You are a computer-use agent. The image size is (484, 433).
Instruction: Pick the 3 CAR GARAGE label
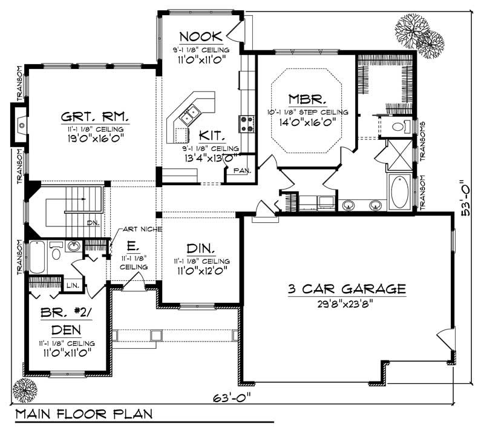[347, 289]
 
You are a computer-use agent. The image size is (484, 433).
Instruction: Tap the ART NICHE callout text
[142, 229]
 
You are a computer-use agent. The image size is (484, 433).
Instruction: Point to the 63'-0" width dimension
[232, 397]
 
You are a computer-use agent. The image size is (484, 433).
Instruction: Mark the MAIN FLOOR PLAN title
[84, 415]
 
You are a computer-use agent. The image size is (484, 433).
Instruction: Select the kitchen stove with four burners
[247, 123]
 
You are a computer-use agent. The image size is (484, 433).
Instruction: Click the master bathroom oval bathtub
[400, 192]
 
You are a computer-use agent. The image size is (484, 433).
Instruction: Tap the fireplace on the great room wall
[21, 124]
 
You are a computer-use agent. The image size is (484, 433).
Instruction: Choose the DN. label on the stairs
[93, 222]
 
